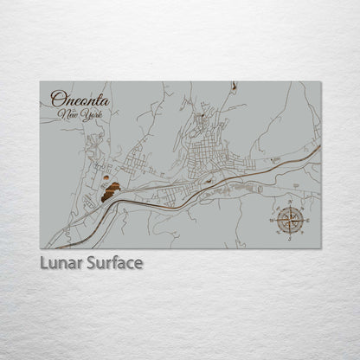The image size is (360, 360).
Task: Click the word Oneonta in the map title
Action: click(80, 99)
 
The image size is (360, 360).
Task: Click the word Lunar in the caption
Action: click(61, 262)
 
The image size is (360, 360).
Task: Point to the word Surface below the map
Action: click(112, 262)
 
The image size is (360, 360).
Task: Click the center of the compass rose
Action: click(291, 222)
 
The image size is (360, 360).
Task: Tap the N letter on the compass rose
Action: click(291, 205)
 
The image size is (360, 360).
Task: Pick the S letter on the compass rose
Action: click(291, 238)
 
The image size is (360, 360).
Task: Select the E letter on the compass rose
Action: click(307, 222)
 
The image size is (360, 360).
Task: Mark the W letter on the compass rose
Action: click(273, 222)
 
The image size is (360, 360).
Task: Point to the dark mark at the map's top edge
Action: click(235, 85)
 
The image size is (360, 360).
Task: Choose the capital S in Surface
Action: click(89, 262)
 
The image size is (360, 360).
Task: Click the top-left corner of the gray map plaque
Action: click(40, 82)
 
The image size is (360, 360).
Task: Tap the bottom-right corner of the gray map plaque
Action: click(321, 248)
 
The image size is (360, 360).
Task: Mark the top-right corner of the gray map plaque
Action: click(321, 82)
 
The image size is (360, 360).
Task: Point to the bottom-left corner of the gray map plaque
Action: click(40, 248)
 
